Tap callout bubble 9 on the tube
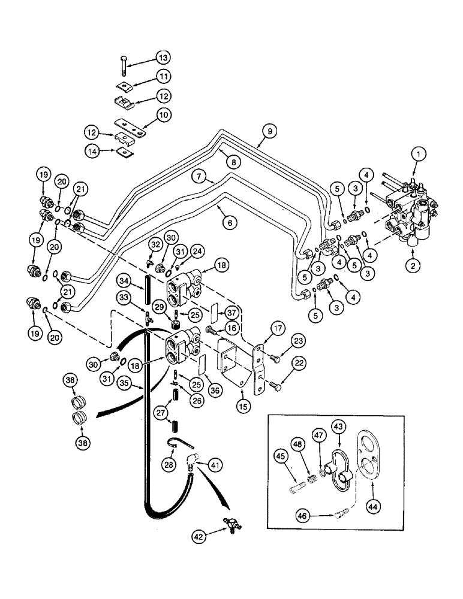point(269,130)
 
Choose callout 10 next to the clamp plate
point(148,114)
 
